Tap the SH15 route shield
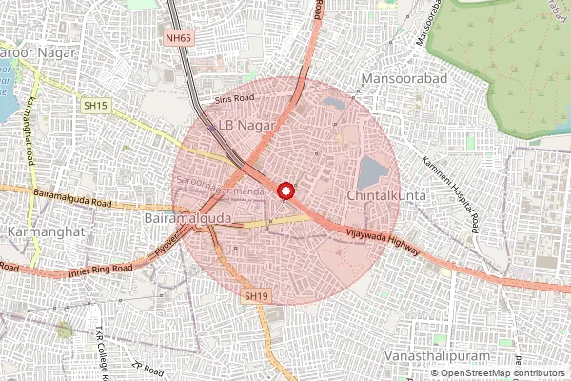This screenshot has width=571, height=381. pyautogui.click(x=93, y=105)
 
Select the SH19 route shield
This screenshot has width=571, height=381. pyautogui.click(x=251, y=296)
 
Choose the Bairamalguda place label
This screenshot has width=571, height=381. pyautogui.click(x=187, y=220)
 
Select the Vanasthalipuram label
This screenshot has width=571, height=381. pyautogui.click(x=426, y=354)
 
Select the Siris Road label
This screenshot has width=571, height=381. pyautogui.click(x=235, y=97)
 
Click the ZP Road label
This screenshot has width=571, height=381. pyautogui.click(x=149, y=369)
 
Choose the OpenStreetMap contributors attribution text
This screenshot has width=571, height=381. pyautogui.click(x=502, y=373)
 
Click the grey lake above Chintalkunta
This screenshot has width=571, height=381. pyautogui.click(x=372, y=172)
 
